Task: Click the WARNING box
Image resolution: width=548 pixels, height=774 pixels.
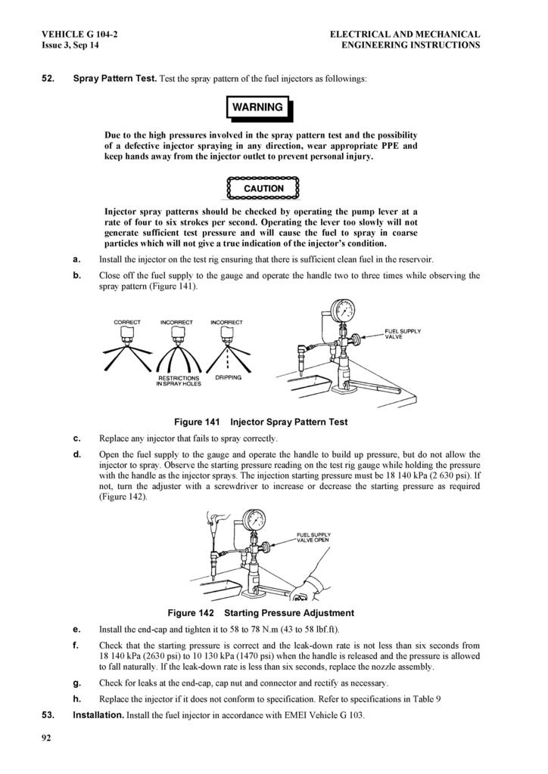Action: point(257,107)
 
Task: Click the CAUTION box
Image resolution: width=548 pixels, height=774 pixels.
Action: point(263,188)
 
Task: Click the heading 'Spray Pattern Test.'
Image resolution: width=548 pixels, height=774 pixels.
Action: point(115,79)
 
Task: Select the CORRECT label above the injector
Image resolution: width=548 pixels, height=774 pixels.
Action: point(127,322)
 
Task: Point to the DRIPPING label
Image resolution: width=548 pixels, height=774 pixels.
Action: point(229,377)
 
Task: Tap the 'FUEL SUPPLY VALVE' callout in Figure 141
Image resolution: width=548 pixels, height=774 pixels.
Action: point(403,333)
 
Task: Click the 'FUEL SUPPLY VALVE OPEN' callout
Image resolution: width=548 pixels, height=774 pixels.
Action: point(313,537)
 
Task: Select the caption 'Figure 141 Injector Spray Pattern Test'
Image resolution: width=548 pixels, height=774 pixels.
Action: point(261,422)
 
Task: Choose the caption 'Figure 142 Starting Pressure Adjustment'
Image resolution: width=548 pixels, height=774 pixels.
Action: point(260,612)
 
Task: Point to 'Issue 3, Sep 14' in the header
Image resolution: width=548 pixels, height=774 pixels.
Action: point(70,45)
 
